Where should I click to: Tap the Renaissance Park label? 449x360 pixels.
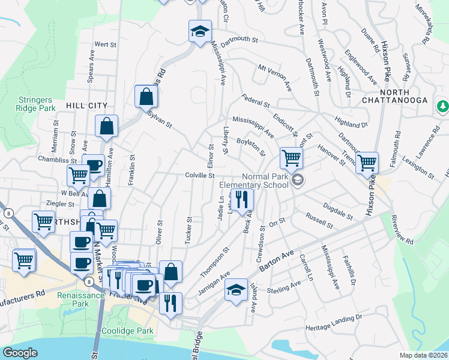pos(76,299)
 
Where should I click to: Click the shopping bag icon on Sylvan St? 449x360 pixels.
pos(146,96)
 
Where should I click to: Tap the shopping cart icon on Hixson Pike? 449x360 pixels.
pos(367,162)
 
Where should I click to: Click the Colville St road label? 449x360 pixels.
pos(200,176)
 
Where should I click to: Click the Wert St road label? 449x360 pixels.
pos(105,44)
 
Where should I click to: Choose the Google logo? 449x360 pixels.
pos(20,353)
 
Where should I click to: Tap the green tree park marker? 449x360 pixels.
pos(443,107)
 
